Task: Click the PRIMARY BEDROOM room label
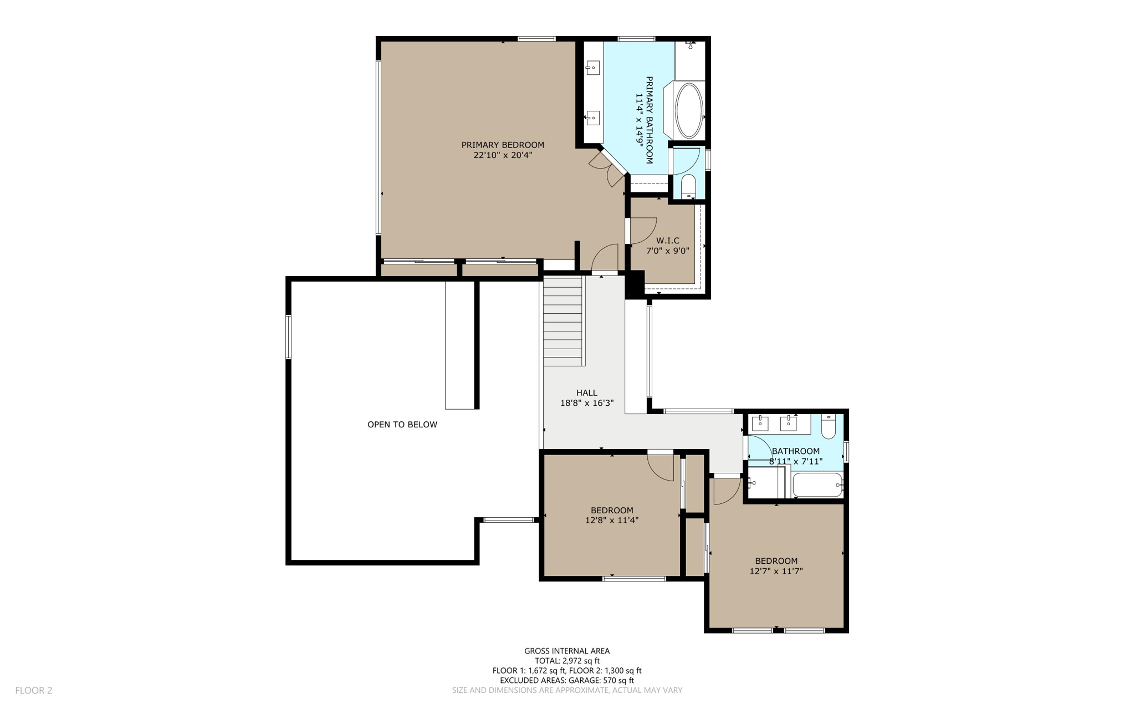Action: tap(503, 145)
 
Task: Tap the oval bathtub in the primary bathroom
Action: tap(689, 110)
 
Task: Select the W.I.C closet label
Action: tap(667, 241)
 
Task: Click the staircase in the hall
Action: tap(564, 322)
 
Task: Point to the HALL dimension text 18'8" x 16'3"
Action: tap(587, 403)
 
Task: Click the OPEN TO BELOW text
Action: tap(402, 425)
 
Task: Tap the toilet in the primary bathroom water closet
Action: tap(688, 186)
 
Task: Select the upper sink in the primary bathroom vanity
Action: tap(592, 69)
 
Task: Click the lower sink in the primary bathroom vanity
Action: tap(592, 118)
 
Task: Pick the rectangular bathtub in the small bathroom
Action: tap(817, 485)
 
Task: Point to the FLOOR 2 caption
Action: tap(34, 690)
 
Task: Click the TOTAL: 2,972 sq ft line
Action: tap(567, 661)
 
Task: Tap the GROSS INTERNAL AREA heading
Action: tap(567, 651)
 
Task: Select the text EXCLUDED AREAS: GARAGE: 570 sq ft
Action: tap(567, 680)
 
